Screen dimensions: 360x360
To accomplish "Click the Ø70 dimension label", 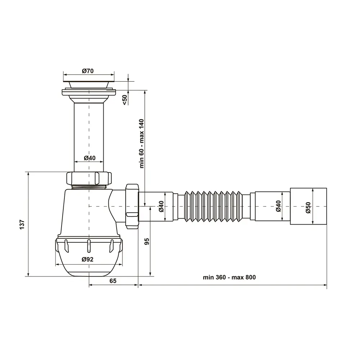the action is (x=88, y=71).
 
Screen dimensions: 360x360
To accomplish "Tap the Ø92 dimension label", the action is (x=87, y=260).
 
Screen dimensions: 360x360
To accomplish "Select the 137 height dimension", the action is (x=22, y=225).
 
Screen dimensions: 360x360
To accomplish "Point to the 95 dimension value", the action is (x=147, y=242).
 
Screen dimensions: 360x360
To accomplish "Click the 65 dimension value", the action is (x=113, y=281).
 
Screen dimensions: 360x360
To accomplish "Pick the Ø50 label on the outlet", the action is (x=308, y=208).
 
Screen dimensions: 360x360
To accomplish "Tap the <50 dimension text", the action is (x=125, y=100).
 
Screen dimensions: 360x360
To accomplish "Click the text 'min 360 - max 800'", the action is (x=229, y=277).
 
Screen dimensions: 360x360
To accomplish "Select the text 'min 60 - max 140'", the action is (x=141, y=144).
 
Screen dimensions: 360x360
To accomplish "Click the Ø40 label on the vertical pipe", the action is (x=90, y=158).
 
